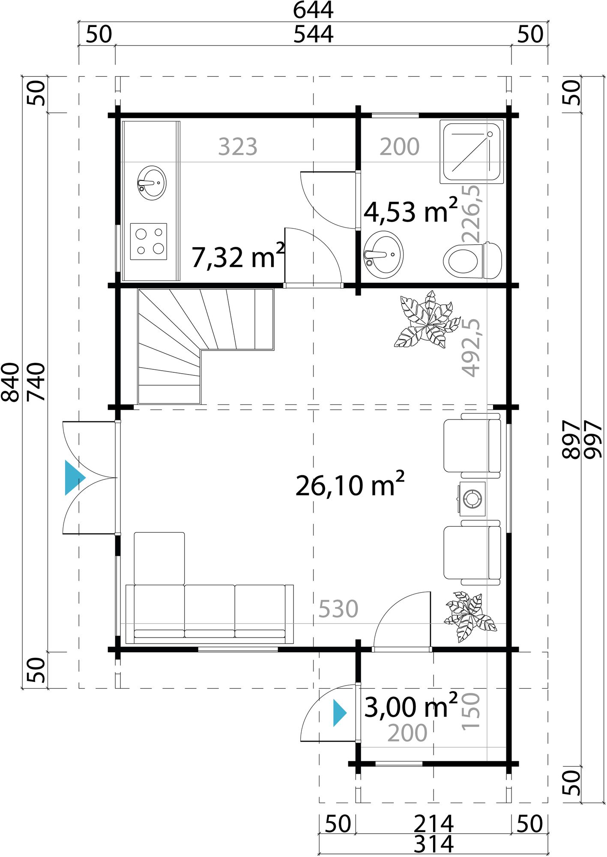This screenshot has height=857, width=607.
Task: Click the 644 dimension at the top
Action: (x=313, y=10)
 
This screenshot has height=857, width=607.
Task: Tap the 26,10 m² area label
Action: (x=349, y=485)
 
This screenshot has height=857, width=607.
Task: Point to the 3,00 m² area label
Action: (x=410, y=707)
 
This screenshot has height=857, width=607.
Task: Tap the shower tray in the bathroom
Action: (x=471, y=151)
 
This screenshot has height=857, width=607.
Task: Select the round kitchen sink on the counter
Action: (x=152, y=183)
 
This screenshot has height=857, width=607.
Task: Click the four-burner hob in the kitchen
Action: (x=149, y=241)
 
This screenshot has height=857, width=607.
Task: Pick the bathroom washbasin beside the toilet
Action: (x=383, y=255)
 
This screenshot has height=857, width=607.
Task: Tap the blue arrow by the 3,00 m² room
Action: (x=339, y=713)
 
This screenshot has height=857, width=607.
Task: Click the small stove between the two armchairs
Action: (x=472, y=499)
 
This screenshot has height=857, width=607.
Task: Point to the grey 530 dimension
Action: (x=338, y=608)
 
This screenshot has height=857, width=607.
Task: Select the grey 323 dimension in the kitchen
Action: (x=237, y=147)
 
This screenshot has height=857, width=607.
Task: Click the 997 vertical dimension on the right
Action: (x=594, y=439)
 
